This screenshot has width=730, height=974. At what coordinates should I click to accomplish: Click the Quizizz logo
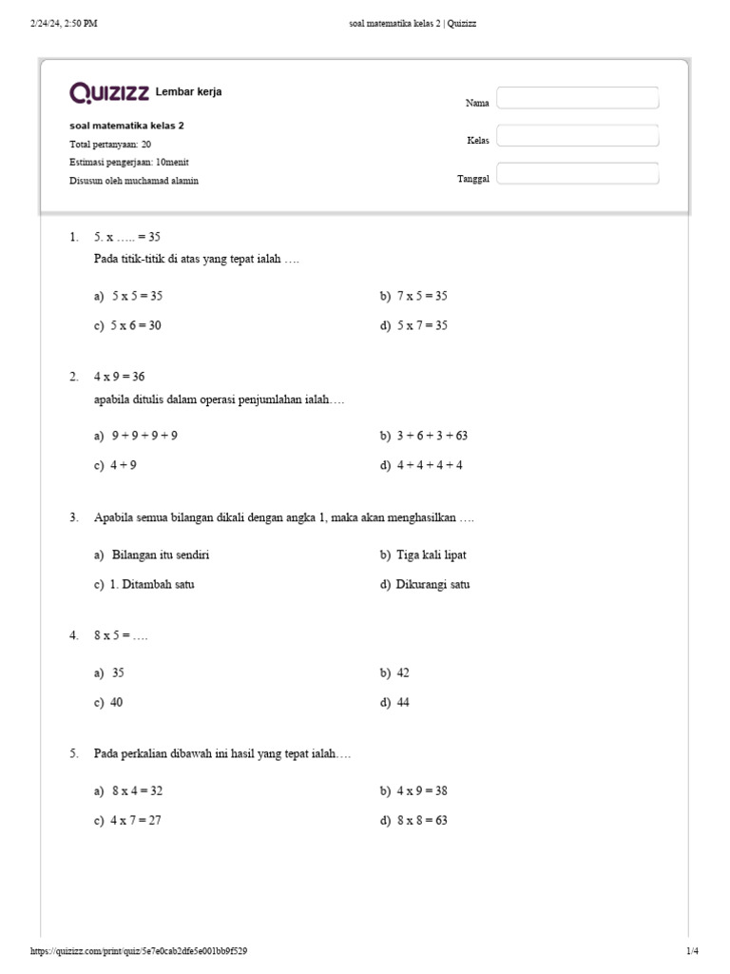[x=108, y=92]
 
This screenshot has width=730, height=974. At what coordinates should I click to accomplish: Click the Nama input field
[x=577, y=98]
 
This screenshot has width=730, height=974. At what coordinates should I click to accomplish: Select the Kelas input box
[x=577, y=136]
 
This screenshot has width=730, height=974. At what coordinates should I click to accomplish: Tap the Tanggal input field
[x=577, y=174]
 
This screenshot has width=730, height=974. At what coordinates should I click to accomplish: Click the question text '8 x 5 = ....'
[x=121, y=635]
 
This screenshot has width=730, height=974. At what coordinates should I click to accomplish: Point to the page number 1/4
[x=692, y=951]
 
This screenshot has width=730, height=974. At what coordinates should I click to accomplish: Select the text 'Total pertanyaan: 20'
[x=110, y=145]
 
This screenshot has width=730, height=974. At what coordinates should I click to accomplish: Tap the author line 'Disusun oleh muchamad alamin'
[x=134, y=181]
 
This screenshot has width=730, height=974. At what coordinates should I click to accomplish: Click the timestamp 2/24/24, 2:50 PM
[x=64, y=24]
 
